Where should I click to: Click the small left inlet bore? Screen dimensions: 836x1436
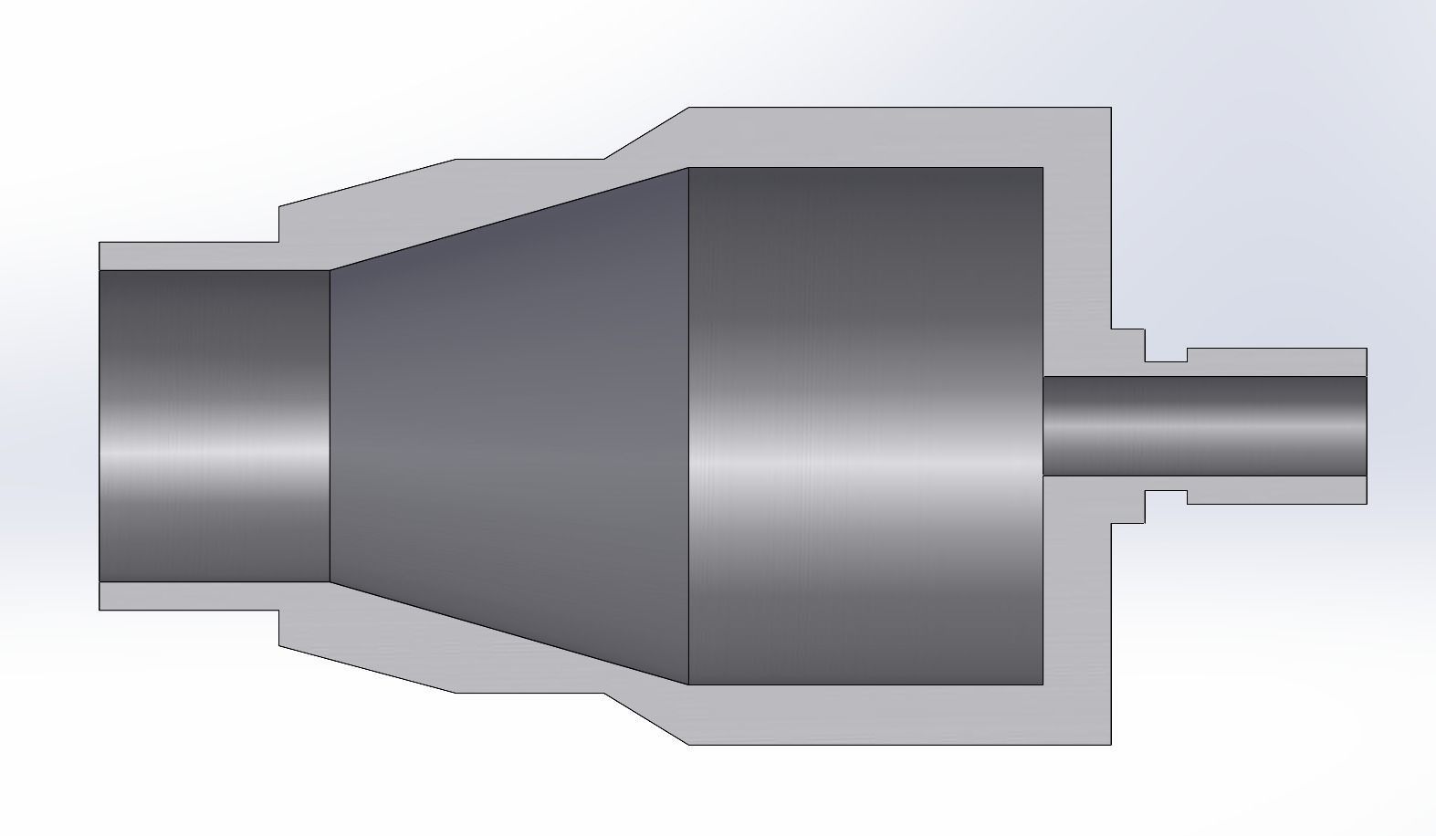(x=214, y=426)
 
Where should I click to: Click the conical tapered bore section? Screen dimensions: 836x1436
(x=508, y=426)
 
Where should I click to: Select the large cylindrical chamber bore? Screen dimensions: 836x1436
(x=865, y=426)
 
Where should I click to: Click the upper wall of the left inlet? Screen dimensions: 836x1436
(x=188, y=256)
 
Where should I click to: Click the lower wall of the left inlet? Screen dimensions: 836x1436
(x=188, y=596)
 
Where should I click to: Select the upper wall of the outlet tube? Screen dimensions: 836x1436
(x=1278, y=362)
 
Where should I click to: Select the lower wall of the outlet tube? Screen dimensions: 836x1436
(x=1278, y=490)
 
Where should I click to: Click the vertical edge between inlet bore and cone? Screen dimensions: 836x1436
(x=330, y=426)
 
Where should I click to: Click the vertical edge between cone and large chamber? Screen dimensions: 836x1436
(x=687, y=426)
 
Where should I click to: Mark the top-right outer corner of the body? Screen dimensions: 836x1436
(x=1111, y=108)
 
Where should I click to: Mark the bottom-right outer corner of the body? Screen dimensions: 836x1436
(x=1111, y=744)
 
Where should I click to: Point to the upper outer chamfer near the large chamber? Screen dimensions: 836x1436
(x=646, y=133)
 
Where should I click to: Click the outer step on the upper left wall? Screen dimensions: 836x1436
(x=278, y=225)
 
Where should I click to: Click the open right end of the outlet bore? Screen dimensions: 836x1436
(x=1366, y=426)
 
